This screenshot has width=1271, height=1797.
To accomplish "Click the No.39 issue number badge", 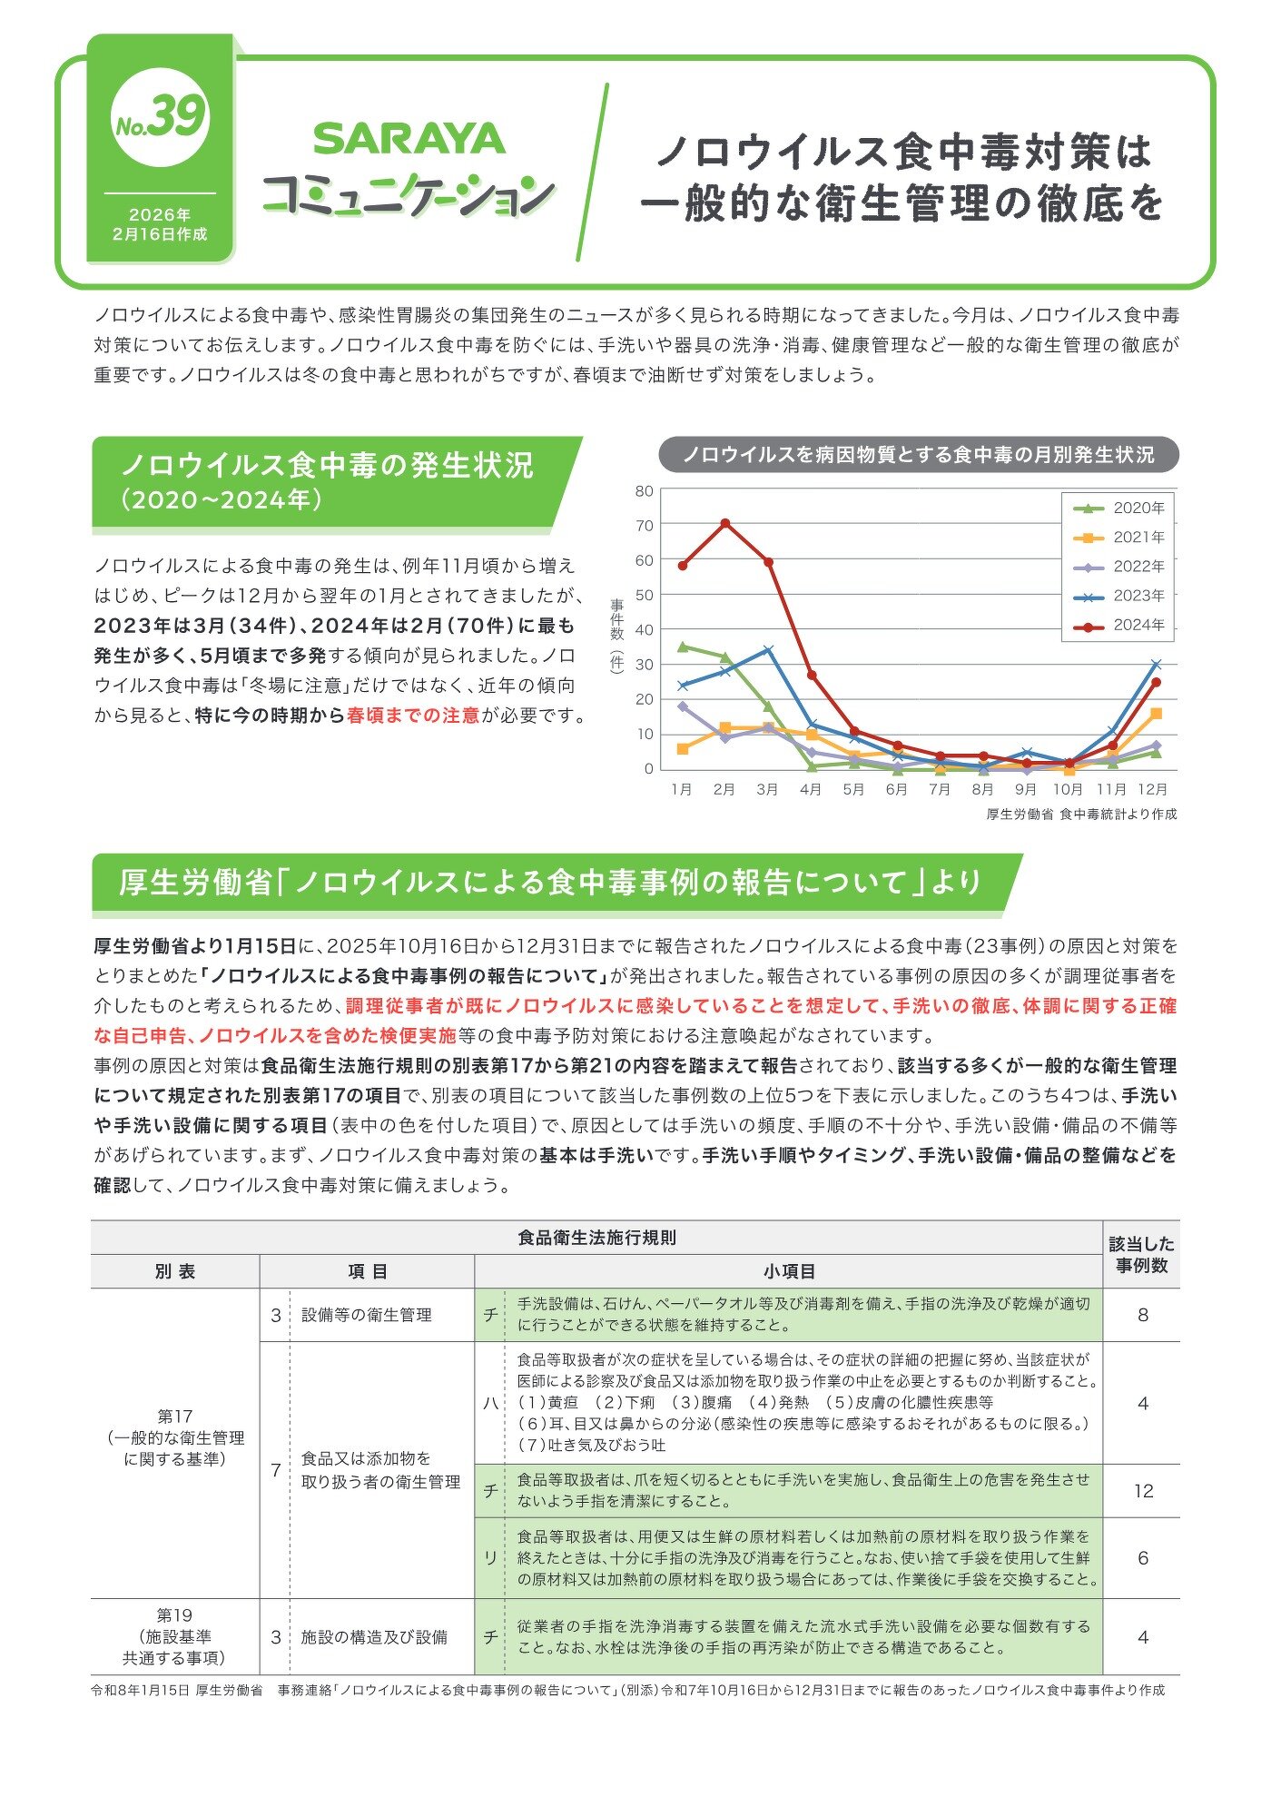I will [161, 120].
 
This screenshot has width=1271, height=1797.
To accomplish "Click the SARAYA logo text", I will [409, 139].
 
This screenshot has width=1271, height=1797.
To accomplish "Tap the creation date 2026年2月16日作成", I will [160, 224].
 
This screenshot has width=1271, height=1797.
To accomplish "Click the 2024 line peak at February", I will [724, 524].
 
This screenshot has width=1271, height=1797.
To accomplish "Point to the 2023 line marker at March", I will [768, 650].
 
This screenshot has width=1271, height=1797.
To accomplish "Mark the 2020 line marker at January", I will [682, 647].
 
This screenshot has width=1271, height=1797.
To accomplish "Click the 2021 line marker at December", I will [1156, 714].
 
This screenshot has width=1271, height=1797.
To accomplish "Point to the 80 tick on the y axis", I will [645, 491].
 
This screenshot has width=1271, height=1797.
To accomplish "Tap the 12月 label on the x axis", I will [1152, 789].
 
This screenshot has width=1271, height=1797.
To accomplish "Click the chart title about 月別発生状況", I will [918, 454].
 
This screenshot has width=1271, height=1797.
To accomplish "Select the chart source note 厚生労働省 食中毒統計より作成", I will [1081, 815].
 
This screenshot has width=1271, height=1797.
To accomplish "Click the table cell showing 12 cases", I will [1143, 1491].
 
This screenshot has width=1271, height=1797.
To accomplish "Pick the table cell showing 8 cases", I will [1143, 1315].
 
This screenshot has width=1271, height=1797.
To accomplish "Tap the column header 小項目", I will [788, 1272].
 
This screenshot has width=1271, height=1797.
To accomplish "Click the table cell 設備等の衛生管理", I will [366, 1315].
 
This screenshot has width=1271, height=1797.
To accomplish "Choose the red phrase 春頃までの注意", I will [413, 716].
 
